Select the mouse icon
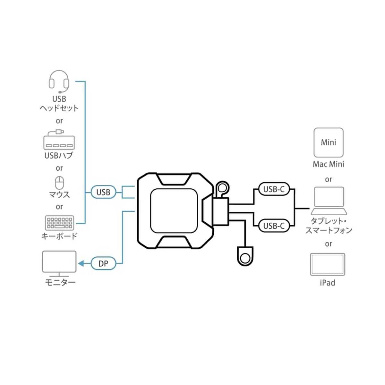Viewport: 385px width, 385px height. click(x=59, y=183)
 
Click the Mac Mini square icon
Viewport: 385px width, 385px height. click(x=329, y=142)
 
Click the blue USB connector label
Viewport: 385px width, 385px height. click(x=103, y=192)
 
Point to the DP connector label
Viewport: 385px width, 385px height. click(x=103, y=264)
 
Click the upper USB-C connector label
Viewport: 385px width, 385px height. click(x=274, y=189)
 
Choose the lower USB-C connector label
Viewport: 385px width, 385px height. click(x=274, y=226)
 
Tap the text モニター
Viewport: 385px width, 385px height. click(x=59, y=283)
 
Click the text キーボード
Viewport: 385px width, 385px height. click(x=59, y=236)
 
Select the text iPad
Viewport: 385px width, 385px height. click(x=328, y=283)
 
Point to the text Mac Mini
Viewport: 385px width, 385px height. click(x=329, y=164)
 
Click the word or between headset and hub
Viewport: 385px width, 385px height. click(x=59, y=121)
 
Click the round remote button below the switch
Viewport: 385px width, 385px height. click(x=245, y=258)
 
